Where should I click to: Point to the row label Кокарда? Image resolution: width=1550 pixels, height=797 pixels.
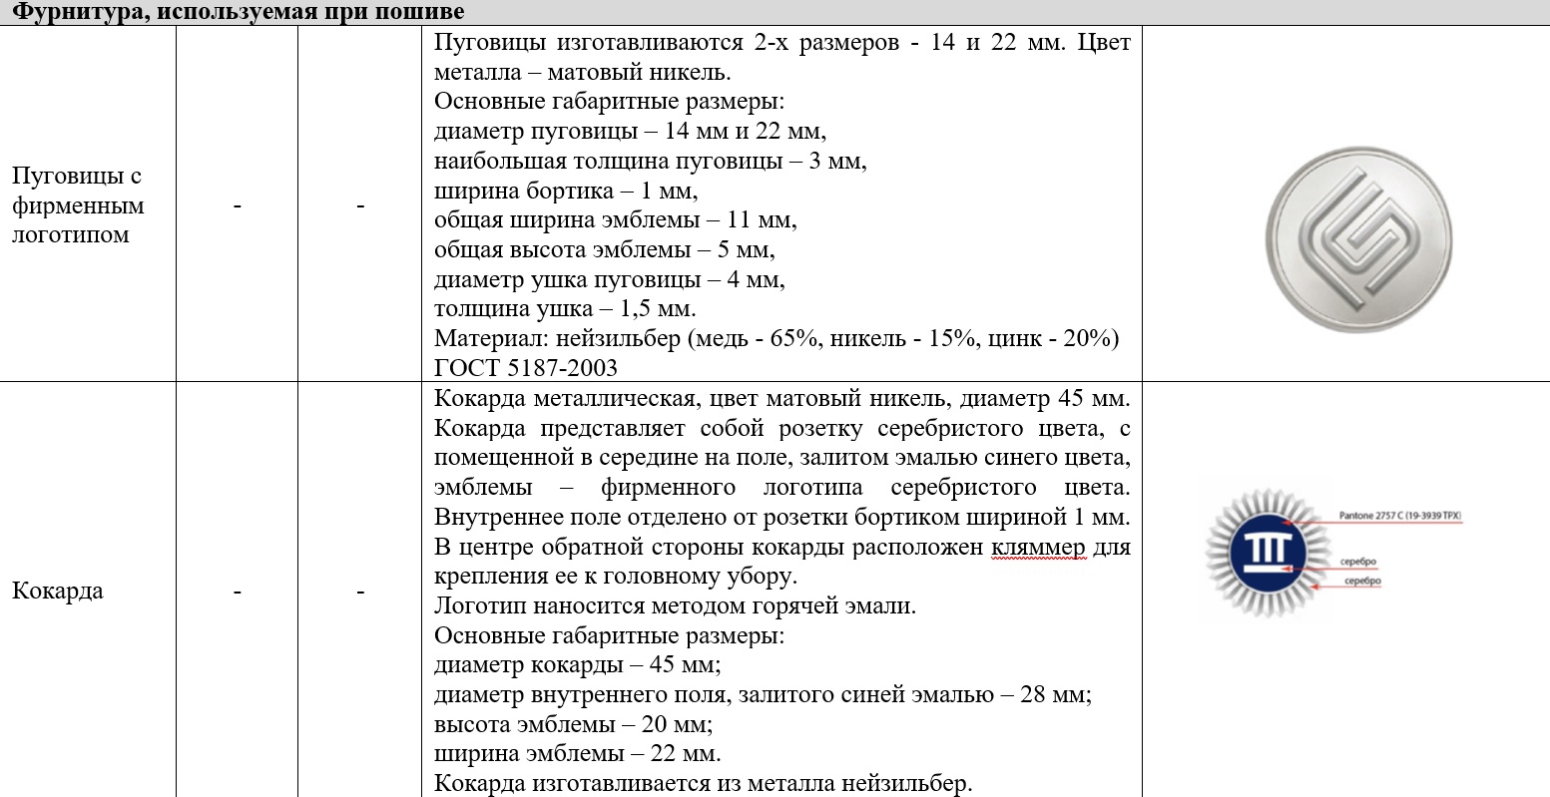(x=58, y=591)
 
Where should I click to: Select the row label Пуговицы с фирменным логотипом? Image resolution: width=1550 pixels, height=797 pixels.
(x=78, y=205)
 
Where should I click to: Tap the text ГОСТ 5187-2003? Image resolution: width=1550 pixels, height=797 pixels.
(x=526, y=367)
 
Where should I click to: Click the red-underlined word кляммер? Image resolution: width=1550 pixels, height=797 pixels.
(x=1039, y=548)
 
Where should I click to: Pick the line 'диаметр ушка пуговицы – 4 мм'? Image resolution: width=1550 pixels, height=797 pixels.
(x=610, y=279)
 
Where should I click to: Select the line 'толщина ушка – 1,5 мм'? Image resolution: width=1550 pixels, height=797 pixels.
(x=565, y=308)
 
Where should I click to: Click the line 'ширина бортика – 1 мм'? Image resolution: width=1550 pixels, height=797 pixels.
(x=566, y=190)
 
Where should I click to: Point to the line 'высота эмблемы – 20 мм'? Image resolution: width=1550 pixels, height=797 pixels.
(x=574, y=724)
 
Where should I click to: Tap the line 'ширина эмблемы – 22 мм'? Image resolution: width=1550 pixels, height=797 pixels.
(x=578, y=753)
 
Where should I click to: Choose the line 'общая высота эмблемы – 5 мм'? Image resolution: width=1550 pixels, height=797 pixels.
(x=605, y=249)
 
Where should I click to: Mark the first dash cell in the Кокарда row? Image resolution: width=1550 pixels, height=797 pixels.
(x=237, y=592)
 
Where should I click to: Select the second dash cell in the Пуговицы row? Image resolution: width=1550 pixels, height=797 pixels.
(x=359, y=205)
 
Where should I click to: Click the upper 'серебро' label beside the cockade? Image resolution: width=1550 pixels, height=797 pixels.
(x=1359, y=563)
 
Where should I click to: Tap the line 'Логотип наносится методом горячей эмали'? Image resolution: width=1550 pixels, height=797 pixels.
(x=675, y=605)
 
